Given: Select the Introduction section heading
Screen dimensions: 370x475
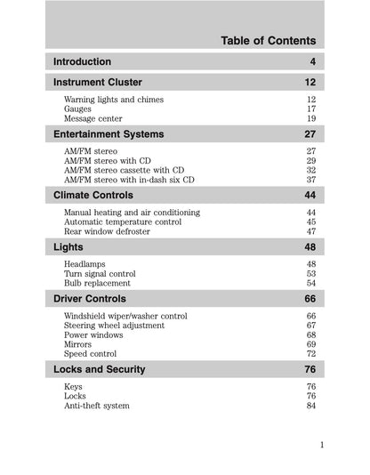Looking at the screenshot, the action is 82,62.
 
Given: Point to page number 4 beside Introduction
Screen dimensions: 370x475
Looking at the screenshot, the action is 312,62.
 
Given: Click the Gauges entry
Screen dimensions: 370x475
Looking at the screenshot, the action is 78,109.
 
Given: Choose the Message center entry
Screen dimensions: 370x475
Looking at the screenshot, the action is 93,119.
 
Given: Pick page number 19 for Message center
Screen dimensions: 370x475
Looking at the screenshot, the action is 311,119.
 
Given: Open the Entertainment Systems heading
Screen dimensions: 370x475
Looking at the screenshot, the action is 109,134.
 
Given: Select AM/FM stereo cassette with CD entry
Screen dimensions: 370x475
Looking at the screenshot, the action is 125,170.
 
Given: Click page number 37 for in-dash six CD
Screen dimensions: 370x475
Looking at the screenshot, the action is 311,180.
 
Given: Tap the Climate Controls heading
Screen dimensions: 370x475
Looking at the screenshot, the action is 93,195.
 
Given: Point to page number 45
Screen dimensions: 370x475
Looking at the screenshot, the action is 311,222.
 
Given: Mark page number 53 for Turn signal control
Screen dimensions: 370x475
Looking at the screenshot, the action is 311,274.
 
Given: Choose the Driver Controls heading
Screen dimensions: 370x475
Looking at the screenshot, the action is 90,299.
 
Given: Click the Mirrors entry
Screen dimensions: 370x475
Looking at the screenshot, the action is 78,344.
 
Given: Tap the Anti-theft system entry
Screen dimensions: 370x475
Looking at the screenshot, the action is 97,406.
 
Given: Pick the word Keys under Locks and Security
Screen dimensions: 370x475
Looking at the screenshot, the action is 73,387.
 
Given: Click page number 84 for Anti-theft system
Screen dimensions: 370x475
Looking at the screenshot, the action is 311,406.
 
